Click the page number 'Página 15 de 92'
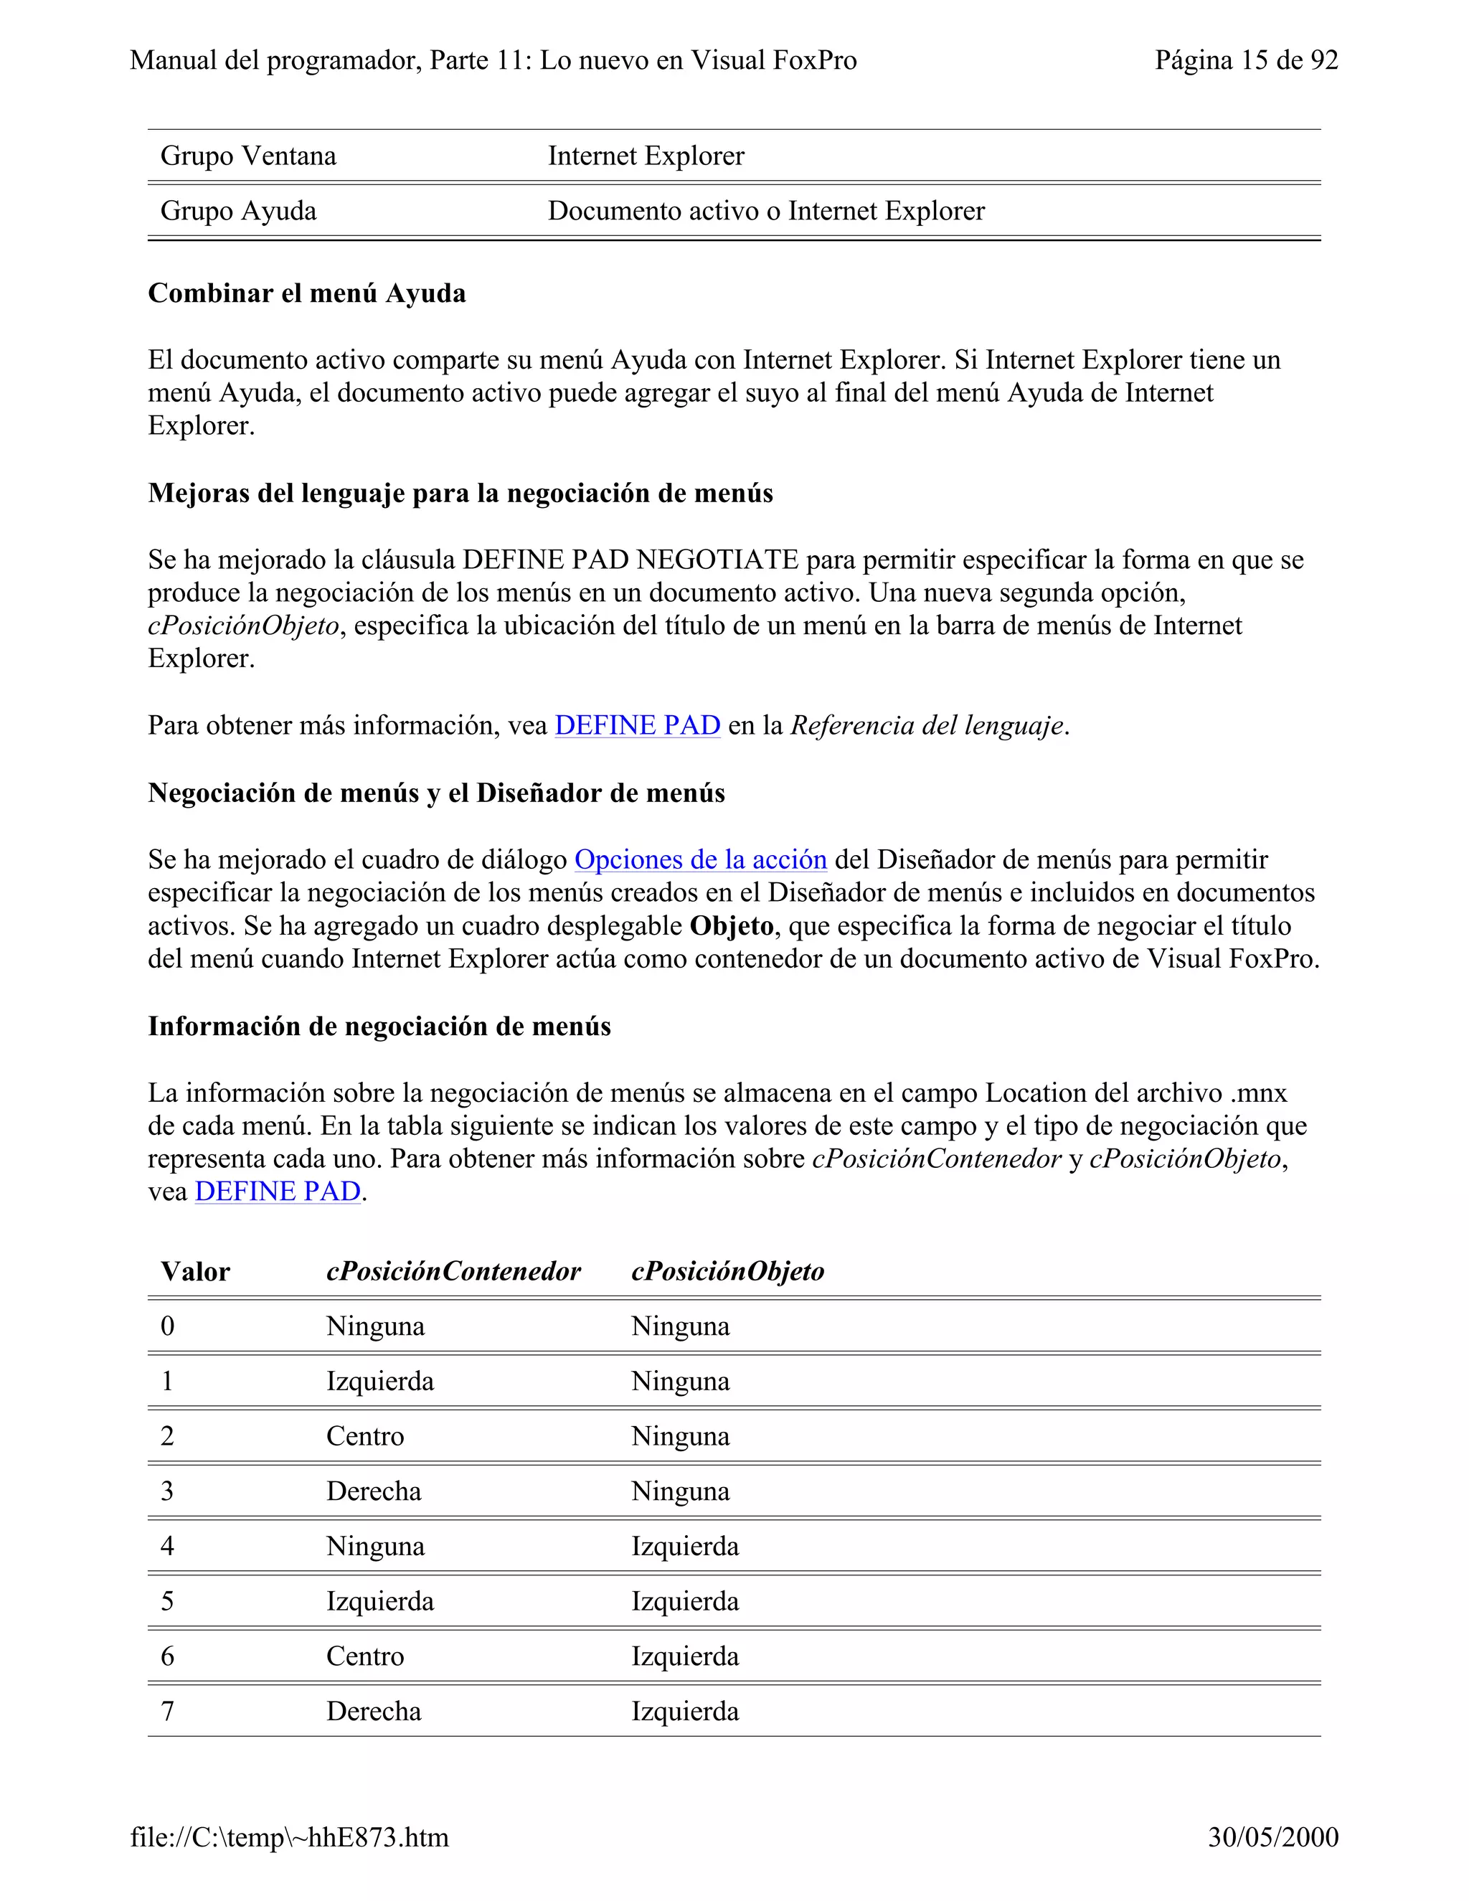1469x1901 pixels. [x=1245, y=60]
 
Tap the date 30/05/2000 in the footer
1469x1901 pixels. [x=1272, y=1836]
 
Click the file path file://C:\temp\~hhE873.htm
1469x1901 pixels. [x=290, y=1836]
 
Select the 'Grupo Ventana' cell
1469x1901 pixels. [x=248, y=156]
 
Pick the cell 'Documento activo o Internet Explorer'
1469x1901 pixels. [x=766, y=211]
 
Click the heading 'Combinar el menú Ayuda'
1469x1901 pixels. [x=306, y=293]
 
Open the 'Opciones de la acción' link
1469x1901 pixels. [x=699, y=860]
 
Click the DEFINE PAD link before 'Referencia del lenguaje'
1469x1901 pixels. [x=637, y=725]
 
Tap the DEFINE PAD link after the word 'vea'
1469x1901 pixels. [x=277, y=1191]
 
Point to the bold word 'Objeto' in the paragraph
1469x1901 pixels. [x=731, y=926]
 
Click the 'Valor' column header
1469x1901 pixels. [x=195, y=1272]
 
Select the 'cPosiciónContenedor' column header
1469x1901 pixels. [x=453, y=1272]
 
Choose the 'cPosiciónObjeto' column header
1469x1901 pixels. [x=727, y=1272]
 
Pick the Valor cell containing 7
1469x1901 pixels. [x=167, y=1711]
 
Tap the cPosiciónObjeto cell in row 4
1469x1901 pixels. [x=684, y=1546]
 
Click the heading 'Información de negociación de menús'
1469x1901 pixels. [x=379, y=1027]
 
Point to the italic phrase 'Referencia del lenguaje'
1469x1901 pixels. [x=926, y=725]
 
